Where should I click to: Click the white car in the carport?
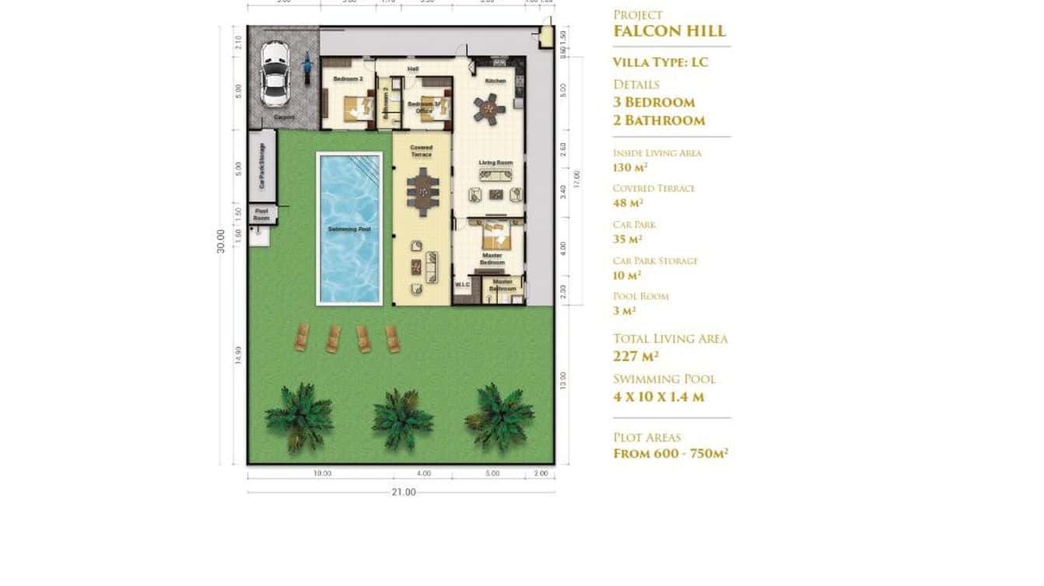(275, 74)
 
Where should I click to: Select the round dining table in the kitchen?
(490, 108)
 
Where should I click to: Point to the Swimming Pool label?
(349, 229)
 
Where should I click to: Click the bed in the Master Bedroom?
(492, 234)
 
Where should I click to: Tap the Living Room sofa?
(495, 174)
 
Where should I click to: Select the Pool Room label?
(261, 214)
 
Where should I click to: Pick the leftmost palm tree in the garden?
(300, 417)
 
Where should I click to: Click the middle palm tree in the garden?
(402, 418)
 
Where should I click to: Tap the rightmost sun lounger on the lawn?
(392, 339)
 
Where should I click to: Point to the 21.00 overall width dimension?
(403, 492)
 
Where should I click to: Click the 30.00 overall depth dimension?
(221, 240)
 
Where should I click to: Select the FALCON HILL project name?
(669, 31)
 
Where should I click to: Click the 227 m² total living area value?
(636, 356)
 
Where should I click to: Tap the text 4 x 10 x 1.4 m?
(658, 396)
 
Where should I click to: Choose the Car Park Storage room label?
(262, 166)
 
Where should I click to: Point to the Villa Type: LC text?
(660, 62)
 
